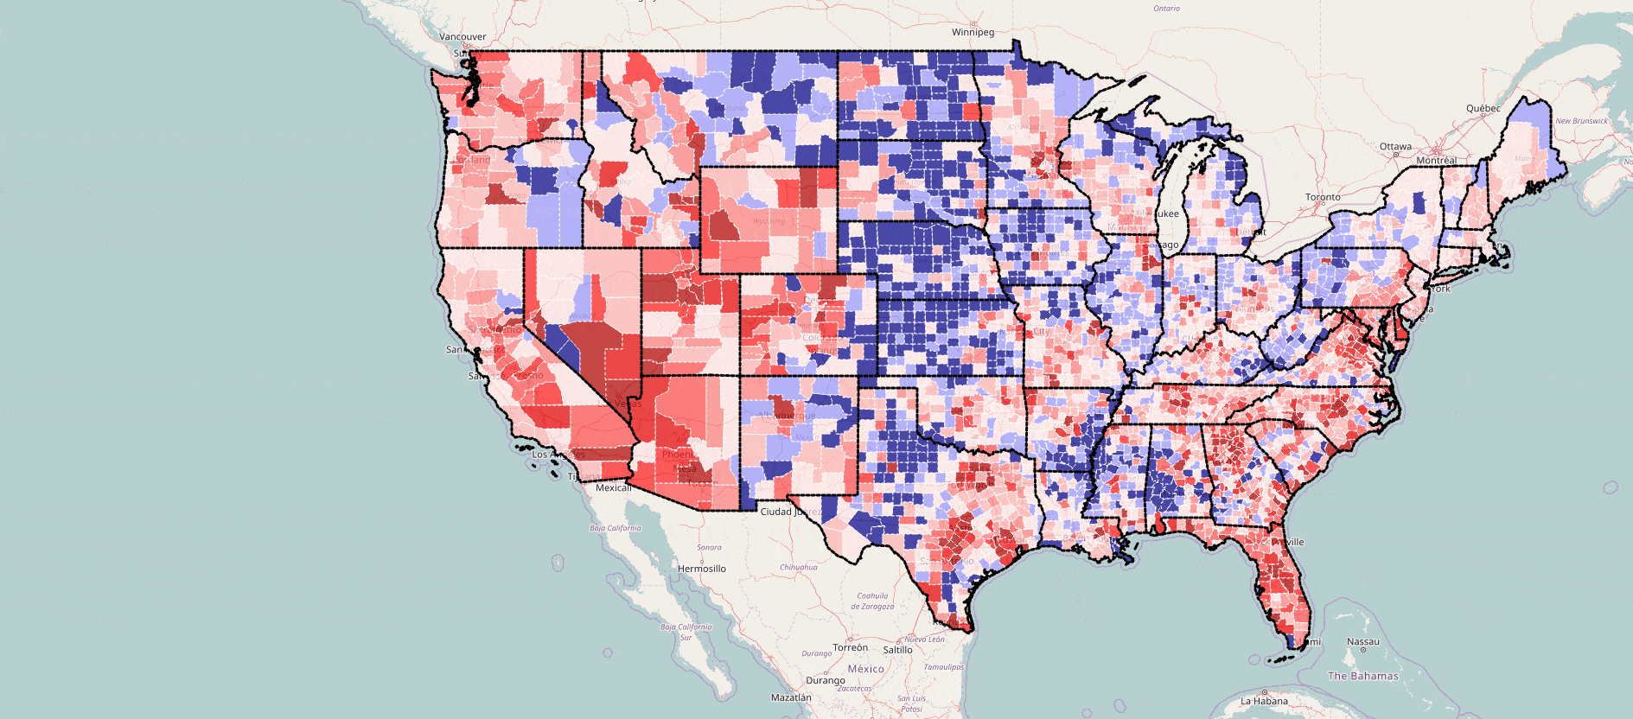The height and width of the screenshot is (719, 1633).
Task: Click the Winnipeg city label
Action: (973, 32)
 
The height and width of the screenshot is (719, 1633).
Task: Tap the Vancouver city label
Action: (462, 37)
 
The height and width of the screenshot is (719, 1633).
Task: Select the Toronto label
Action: (1323, 197)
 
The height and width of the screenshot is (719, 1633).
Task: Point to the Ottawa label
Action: (1395, 146)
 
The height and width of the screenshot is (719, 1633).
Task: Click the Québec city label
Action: (1483, 108)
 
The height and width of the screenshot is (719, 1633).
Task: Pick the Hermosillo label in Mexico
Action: (701, 569)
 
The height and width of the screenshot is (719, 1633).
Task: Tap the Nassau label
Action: (1363, 642)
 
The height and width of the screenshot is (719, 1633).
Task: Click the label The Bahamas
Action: (1362, 676)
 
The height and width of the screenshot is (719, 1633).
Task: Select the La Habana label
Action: (1264, 701)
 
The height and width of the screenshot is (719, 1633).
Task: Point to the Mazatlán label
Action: (791, 697)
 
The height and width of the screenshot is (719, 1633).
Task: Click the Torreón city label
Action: (850, 647)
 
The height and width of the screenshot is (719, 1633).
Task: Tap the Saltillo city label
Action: (897, 650)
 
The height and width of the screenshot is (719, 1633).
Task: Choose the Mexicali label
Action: (613, 488)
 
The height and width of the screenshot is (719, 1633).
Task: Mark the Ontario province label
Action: (1166, 9)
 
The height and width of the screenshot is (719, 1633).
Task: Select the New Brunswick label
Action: (1581, 121)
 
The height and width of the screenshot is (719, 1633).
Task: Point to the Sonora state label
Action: (709, 547)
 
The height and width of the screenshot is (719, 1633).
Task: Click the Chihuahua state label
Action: (798, 568)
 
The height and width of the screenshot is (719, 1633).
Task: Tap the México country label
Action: (865, 669)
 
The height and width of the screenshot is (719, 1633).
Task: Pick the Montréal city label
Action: (1436, 161)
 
